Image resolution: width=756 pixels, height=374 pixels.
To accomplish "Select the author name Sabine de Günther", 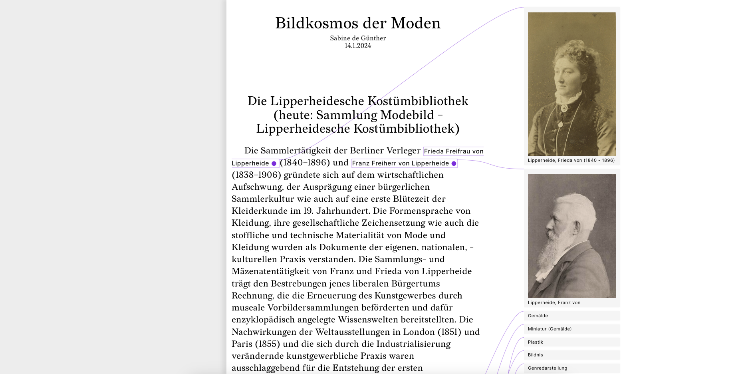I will coord(358,38).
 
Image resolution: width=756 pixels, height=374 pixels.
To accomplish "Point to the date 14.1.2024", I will coord(358,46).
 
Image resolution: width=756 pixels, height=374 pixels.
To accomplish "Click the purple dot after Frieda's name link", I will coord(274,163).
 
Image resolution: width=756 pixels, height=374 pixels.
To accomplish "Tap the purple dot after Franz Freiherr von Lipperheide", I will coord(454,163).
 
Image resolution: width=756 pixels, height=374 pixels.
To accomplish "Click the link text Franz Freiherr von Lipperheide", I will coord(400,163).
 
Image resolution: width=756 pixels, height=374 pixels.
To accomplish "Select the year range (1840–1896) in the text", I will coord(305,163).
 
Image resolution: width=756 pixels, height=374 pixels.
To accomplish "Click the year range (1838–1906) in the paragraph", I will coord(256,175).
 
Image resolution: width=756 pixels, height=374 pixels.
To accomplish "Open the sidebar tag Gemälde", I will coord(538,316).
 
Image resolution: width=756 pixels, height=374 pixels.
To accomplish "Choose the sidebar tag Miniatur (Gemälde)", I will coord(550,329).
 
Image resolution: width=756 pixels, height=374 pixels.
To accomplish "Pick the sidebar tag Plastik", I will coord(536,342).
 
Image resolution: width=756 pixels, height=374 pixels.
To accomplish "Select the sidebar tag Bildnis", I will coord(536,355).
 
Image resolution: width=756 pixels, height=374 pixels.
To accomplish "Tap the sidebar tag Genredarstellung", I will coord(548,368).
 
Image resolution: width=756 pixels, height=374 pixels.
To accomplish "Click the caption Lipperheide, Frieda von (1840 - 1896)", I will coord(571,161).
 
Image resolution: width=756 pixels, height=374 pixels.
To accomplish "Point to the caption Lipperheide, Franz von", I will coord(554,303).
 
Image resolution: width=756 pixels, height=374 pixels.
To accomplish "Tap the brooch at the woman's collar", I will coord(564,108).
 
